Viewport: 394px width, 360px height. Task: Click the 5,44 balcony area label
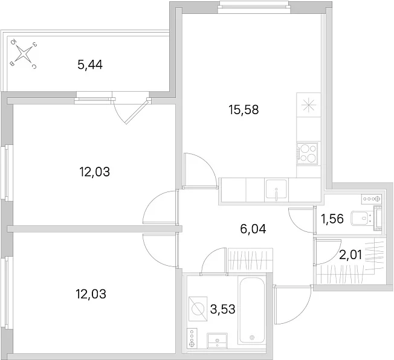[90, 65]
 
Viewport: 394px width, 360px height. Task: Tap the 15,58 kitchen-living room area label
[244, 110]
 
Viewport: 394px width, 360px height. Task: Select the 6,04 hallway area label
[253, 229]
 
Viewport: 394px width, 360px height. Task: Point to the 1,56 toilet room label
[332, 219]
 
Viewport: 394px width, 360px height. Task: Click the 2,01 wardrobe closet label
[350, 256]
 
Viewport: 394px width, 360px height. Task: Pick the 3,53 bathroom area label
[222, 309]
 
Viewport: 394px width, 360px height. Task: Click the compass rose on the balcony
[24, 54]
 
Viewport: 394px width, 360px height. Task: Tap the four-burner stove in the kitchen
[307, 153]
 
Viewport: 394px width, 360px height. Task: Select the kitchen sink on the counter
[276, 190]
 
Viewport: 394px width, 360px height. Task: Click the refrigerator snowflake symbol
[308, 105]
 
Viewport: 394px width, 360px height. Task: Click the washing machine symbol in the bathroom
[198, 309]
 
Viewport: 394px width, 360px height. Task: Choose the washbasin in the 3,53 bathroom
[217, 341]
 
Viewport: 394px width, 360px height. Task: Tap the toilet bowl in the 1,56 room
[361, 218]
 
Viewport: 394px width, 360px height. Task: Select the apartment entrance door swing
[293, 304]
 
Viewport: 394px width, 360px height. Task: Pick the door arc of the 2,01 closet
[327, 251]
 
